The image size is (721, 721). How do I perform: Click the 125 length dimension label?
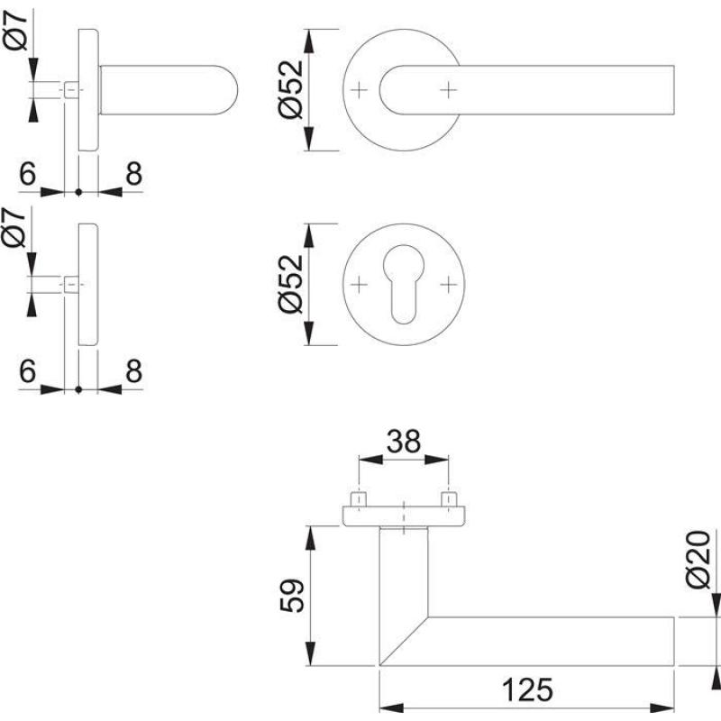[x=526, y=690]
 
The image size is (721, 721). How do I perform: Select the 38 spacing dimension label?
[x=404, y=443]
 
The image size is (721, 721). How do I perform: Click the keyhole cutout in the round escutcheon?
[x=404, y=284]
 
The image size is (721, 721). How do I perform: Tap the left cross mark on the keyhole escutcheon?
[x=360, y=284]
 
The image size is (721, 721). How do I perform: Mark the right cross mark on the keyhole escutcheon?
[x=448, y=284]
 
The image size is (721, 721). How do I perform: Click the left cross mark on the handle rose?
[x=360, y=90]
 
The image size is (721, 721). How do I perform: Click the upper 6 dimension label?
[x=27, y=175]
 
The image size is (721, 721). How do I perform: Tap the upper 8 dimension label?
[x=133, y=175]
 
